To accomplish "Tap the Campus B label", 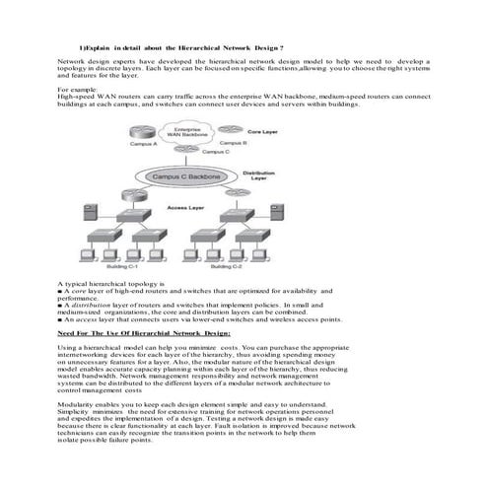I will pyautogui.click(x=233, y=143).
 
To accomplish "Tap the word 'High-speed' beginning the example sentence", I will pyautogui.click(x=77, y=97).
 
